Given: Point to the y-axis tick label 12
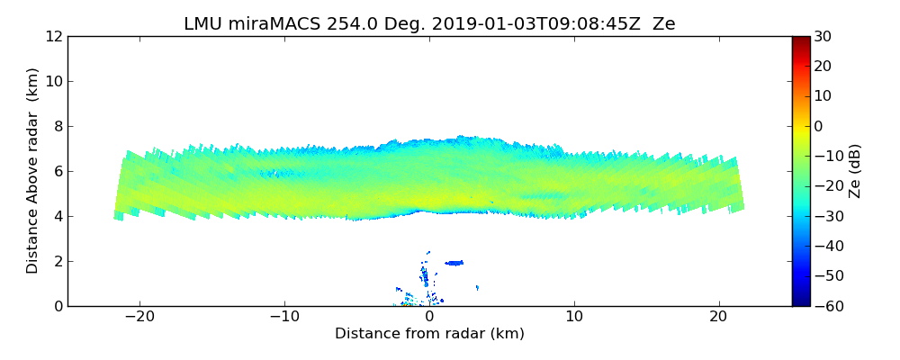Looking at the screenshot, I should [x=53, y=37].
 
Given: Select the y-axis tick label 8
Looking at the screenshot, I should [x=57, y=127].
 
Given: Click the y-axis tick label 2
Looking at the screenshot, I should [x=57, y=262].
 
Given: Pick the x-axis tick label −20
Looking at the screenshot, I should [x=139, y=318].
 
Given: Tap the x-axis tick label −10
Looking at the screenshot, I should [x=284, y=318].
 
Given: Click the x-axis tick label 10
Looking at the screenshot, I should [x=574, y=318].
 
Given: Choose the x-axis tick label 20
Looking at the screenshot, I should [x=718, y=318].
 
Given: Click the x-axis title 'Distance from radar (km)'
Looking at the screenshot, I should [x=429, y=334].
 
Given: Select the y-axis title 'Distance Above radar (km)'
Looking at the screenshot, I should [x=33, y=170].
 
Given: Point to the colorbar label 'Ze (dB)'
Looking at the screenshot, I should [x=855, y=170].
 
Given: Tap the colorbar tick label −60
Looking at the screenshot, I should [x=826, y=306].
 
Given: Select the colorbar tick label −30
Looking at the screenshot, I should [x=826, y=216].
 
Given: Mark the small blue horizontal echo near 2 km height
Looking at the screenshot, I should [x=454, y=263].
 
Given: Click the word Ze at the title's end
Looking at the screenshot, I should [x=664, y=24].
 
